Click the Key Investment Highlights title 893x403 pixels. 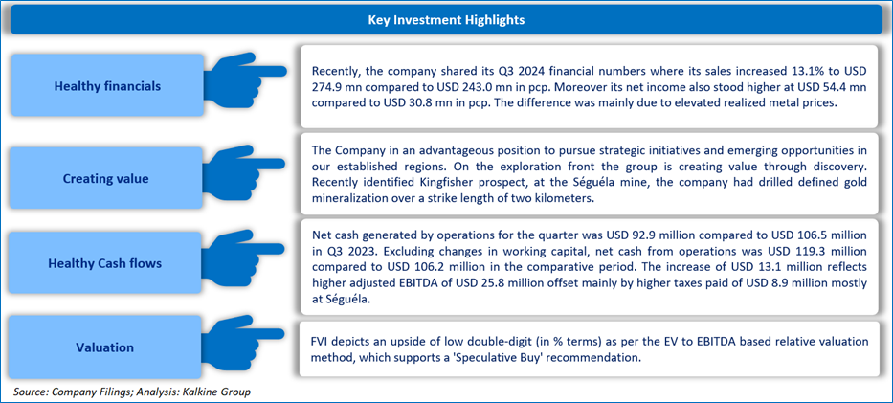click(446, 20)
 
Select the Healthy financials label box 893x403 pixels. click(107, 86)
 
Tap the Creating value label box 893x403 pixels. click(107, 178)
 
